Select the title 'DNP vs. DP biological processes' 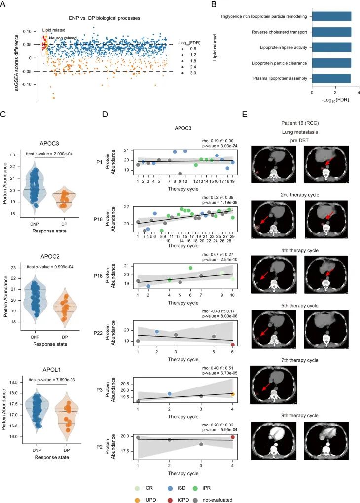pos(104,18)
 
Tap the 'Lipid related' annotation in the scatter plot pos(52,30)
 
